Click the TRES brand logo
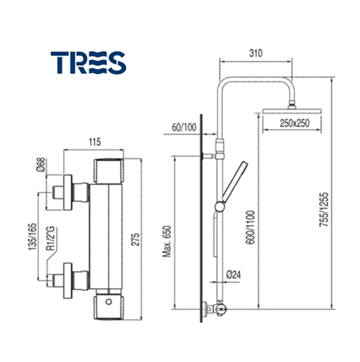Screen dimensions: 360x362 click(x=88, y=62)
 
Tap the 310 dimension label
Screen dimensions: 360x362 click(x=256, y=53)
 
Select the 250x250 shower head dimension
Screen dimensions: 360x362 click(x=295, y=123)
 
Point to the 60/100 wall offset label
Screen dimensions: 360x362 click(x=184, y=127)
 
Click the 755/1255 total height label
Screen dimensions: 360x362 click(x=324, y=209)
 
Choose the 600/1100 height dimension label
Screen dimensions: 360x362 click(x=250, y=227)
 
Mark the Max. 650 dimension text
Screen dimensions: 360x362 click(x=167, y=242)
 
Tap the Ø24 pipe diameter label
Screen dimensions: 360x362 click(x=233, y=274)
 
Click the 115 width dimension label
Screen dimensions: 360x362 click(x=94, y=142)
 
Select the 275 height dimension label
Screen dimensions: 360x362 click(x=136, y=240)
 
